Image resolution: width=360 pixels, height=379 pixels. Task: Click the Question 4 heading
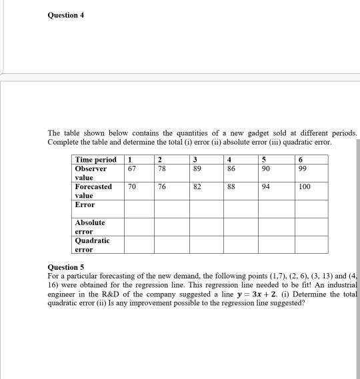pos(65,15)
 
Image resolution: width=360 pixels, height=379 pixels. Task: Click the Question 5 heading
pos(66,266)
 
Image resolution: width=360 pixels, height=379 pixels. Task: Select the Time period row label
pos(96,160)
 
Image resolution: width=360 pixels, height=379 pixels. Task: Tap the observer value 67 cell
pos(131,169)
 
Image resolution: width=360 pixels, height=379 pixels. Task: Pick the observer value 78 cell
pos(161,169)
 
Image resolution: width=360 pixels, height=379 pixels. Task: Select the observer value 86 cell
pos(230,169)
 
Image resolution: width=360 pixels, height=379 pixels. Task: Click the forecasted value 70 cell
pos(132,187)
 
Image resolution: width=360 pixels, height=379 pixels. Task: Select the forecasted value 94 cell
pos(267,187)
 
